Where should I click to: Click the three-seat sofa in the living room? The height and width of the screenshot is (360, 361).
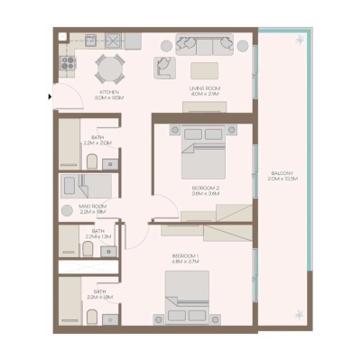tap(203, 44)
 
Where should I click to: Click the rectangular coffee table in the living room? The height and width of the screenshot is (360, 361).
tap(203, 69)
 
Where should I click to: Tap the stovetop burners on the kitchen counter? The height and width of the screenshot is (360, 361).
tap(66, 62)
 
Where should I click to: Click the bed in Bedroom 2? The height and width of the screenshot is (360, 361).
tap(204, 152)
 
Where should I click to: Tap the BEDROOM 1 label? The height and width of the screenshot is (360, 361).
tap(186, 256)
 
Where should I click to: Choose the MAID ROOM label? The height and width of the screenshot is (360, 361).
tap(92, 207)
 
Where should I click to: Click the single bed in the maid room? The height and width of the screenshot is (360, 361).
tap(84, 187)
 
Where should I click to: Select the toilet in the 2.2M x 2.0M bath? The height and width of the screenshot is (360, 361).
tap(92, 162)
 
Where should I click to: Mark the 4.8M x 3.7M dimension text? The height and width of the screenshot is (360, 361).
tap(186, 263)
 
